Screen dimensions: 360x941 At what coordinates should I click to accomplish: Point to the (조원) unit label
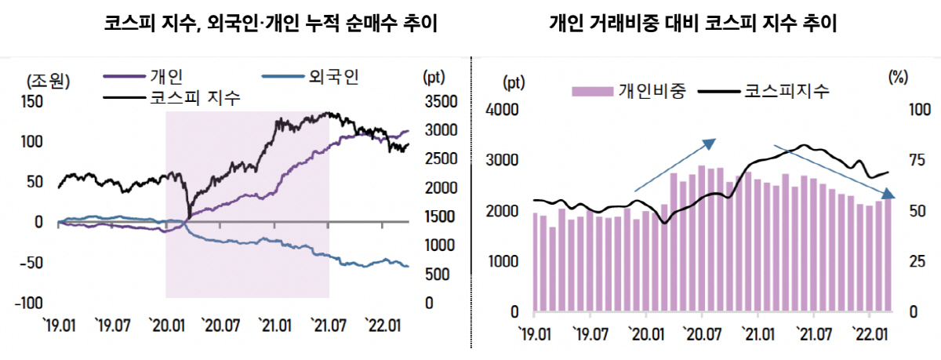click(x=49, y=80)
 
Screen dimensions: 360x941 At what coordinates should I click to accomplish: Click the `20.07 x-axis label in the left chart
click(x=220, y=324)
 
